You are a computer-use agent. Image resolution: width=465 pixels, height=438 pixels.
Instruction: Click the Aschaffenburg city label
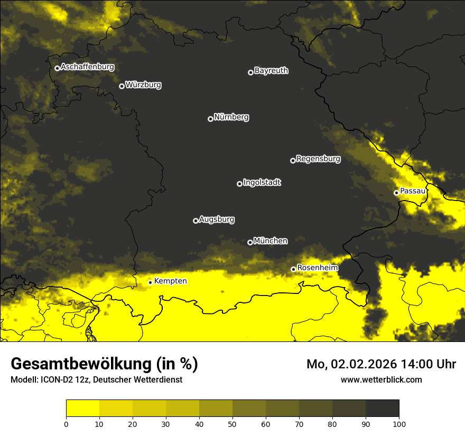[x=87, y=67]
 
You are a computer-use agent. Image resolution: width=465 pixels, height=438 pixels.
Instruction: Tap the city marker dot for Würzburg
[x=122, y=86]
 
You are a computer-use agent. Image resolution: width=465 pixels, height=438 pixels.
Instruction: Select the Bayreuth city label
[x=271, y=71]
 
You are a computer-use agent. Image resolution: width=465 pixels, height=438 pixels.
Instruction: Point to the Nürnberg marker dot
[x=210, y=119]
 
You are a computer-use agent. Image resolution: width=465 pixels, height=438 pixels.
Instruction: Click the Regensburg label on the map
[x=318, y=158]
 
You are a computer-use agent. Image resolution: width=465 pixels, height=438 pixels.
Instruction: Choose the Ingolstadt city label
[x=262, y=183]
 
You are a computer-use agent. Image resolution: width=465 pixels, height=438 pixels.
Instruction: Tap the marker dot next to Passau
[x=396, y=193]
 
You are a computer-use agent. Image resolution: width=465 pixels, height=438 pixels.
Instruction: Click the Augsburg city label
[x=217, y=220]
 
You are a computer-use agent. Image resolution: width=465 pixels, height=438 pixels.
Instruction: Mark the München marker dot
[x=250, y=243]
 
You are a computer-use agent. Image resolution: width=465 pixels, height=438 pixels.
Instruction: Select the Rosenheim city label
[x=317, y=268]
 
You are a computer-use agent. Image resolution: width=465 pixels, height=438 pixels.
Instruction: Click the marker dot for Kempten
[x=150, y=282]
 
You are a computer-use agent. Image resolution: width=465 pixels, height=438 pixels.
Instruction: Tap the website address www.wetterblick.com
[x=381, y=379]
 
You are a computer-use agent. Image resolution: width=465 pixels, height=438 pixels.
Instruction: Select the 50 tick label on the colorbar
[x=232, y=424]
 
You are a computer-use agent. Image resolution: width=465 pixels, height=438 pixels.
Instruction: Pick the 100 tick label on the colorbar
[x=398, y=424]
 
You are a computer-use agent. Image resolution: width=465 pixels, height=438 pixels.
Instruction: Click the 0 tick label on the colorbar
[x=66, y=424]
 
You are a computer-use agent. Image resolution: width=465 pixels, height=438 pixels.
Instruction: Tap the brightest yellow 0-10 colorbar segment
[x=82, y=408]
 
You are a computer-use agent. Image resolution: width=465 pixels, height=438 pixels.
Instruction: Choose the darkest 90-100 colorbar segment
[x=382, y=408]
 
